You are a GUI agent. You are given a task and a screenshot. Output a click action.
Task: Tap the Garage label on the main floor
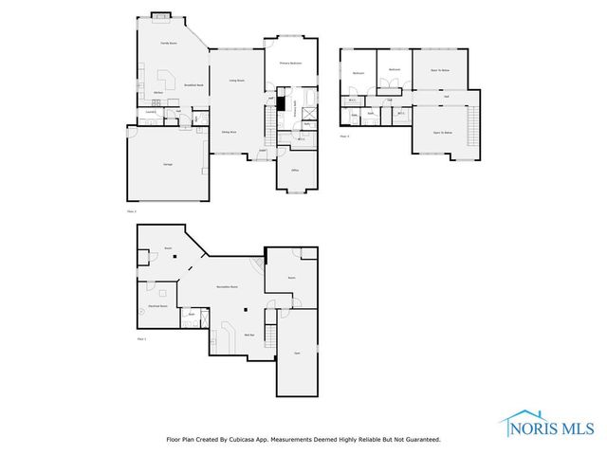167,165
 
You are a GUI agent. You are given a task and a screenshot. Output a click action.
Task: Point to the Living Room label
236,81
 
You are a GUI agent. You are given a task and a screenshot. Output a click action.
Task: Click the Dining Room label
229,133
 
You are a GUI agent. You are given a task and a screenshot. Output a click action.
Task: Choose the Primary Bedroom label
290,64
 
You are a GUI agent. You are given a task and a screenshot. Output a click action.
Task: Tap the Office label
295,170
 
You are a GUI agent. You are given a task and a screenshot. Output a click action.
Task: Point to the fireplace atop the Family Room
158,15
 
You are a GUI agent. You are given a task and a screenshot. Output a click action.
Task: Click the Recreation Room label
226,285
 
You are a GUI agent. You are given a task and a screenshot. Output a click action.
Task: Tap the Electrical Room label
157,306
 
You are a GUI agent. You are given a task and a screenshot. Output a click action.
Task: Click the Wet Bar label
248,335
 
